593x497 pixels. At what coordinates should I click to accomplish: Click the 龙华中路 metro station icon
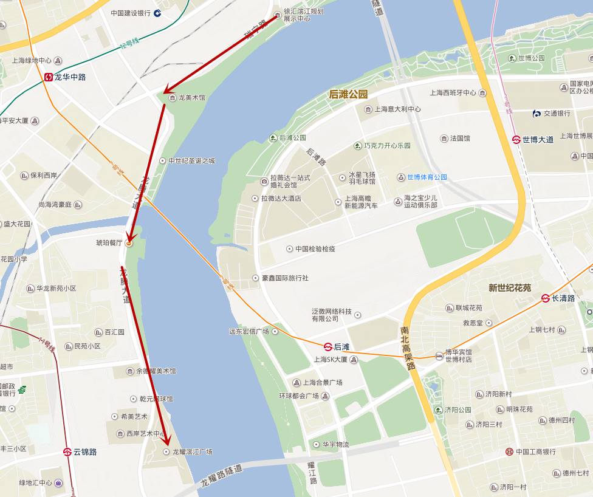coord(48,77)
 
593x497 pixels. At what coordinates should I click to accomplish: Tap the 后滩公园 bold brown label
coord(348,94)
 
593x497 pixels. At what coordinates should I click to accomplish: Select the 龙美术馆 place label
coord(191,98)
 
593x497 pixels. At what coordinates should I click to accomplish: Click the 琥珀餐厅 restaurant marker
coord(128,243)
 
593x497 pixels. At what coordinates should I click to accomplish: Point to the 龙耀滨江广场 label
coord(192,452)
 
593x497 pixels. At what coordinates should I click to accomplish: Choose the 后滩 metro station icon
coord(327,347)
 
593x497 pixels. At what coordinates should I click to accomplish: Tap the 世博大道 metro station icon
coord(516,139)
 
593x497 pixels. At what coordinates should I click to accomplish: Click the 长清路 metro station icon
coord(545,298)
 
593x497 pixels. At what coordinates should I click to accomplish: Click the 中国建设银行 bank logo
coord(157,13)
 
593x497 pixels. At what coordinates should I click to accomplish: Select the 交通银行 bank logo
coord(537,114)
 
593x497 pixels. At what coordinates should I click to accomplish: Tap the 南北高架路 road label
coord(407,348)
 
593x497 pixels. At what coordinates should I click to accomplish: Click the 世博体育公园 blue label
coord(427,177)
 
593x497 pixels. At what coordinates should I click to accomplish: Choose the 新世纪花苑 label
coord(510,288)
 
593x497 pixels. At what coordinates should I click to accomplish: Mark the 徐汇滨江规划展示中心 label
coord(303,15)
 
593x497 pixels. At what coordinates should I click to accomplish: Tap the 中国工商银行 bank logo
coord(509,452)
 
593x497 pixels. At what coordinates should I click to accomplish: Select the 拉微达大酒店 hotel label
coord(281,199)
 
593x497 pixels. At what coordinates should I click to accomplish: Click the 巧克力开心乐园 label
coord(387,146)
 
